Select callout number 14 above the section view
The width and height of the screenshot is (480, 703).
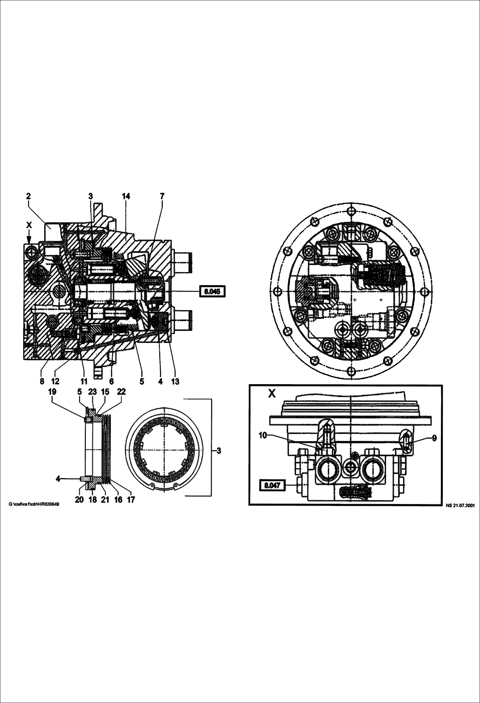point(126,196)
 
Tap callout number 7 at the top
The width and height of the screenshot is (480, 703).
point(162,196)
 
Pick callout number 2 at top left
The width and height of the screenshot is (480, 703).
point(28,196)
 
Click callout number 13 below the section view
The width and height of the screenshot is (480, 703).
point(175,381)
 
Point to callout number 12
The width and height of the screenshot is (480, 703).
point(55,381)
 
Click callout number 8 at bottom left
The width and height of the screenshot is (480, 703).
point(42,381)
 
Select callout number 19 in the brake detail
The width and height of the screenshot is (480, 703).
point(52,392)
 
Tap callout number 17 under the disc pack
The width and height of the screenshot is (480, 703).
point(131,500)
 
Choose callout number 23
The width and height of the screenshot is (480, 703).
point(92,392)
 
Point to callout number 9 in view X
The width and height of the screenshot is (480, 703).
point(434,438)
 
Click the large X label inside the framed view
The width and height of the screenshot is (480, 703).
point(271,394)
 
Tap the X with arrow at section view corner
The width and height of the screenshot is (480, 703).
point(29,225)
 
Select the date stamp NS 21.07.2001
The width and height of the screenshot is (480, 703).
point(460,506)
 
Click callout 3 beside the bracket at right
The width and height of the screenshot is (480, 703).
point(219,451)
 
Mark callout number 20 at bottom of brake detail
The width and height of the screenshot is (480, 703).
point(79,500)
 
